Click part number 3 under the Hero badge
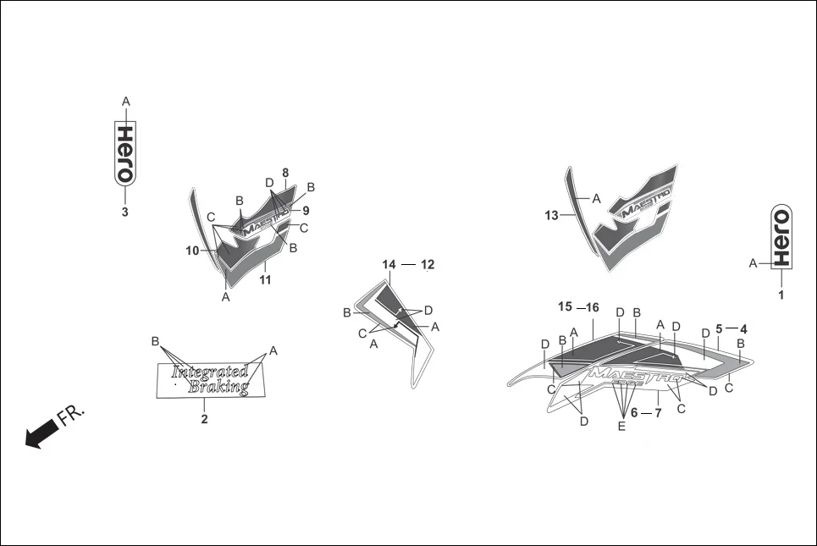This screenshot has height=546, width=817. point(124,212)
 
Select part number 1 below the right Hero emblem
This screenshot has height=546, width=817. point(781,295)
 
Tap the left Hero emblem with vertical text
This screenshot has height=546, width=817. point(124,152)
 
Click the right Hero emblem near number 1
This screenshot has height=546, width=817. point(781,235)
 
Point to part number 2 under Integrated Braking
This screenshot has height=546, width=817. point(204,418)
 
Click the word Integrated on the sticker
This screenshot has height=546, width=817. point(209,372)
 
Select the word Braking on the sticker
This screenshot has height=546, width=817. point(219,387)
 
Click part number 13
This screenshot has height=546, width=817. point(552,216)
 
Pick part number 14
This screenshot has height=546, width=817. point(389,265)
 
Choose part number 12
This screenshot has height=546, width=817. point(427,265)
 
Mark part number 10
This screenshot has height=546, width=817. point(192,251)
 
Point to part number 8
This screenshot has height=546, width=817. point(285,172)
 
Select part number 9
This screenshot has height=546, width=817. point(305,210)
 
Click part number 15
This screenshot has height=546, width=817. point(565,306)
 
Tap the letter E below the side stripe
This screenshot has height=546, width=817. point(621,427)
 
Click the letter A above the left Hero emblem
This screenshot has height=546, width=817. point(125,102)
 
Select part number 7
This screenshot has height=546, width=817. point(658,412)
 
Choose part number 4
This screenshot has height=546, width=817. point(743,328)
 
